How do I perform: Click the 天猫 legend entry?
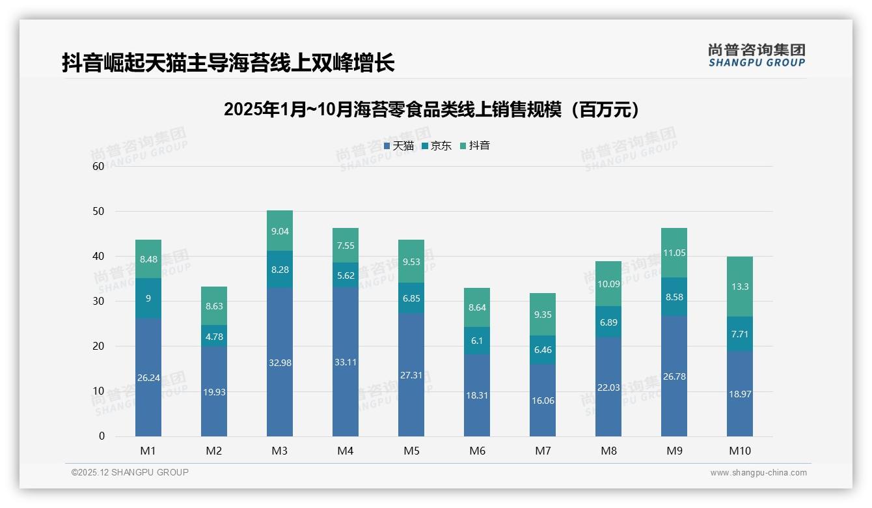(x=398, y=146)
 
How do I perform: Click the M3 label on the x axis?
(x=280, y=451)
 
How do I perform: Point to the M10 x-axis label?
(x=739, y=451)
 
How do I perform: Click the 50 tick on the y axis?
(x=98, y=212)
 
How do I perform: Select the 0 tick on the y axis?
(x=102, y=436)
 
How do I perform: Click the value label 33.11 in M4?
(x=346, y=362)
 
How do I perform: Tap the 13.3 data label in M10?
(x=740, y=287)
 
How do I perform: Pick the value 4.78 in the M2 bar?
(x=214, y=337)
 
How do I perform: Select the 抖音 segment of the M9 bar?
(x=674, y=253)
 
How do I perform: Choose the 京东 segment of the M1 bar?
(x=148, y=298)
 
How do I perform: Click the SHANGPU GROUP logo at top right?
(x=756, y=55)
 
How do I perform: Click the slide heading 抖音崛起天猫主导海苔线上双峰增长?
(x=228, y=63)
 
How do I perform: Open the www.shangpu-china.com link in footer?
(x=758, y=473)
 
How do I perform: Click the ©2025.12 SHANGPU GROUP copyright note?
(x=130, y=473)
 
